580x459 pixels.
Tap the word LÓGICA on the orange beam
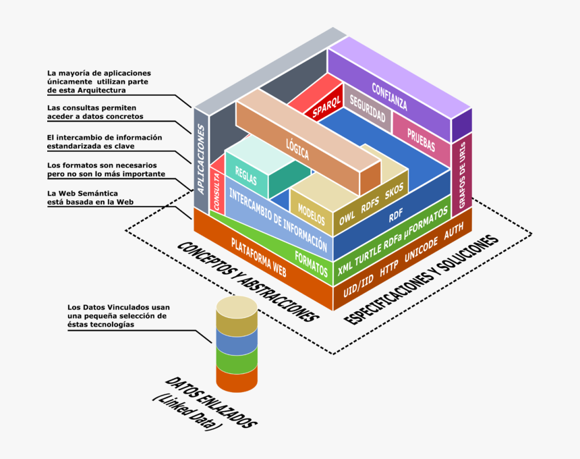pyautogui.click(x=297, y=150)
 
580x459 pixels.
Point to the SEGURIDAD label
pyautogui.click(x=367, y=109)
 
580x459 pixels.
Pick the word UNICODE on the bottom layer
pyautogui.click(x=422, y=250)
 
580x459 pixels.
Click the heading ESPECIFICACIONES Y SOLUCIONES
pyautogui.click(x=423, y=278)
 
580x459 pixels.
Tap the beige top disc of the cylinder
pyautogui.click(x=237, y=308)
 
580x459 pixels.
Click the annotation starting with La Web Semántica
pyautogui.click(x=90, y=197)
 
